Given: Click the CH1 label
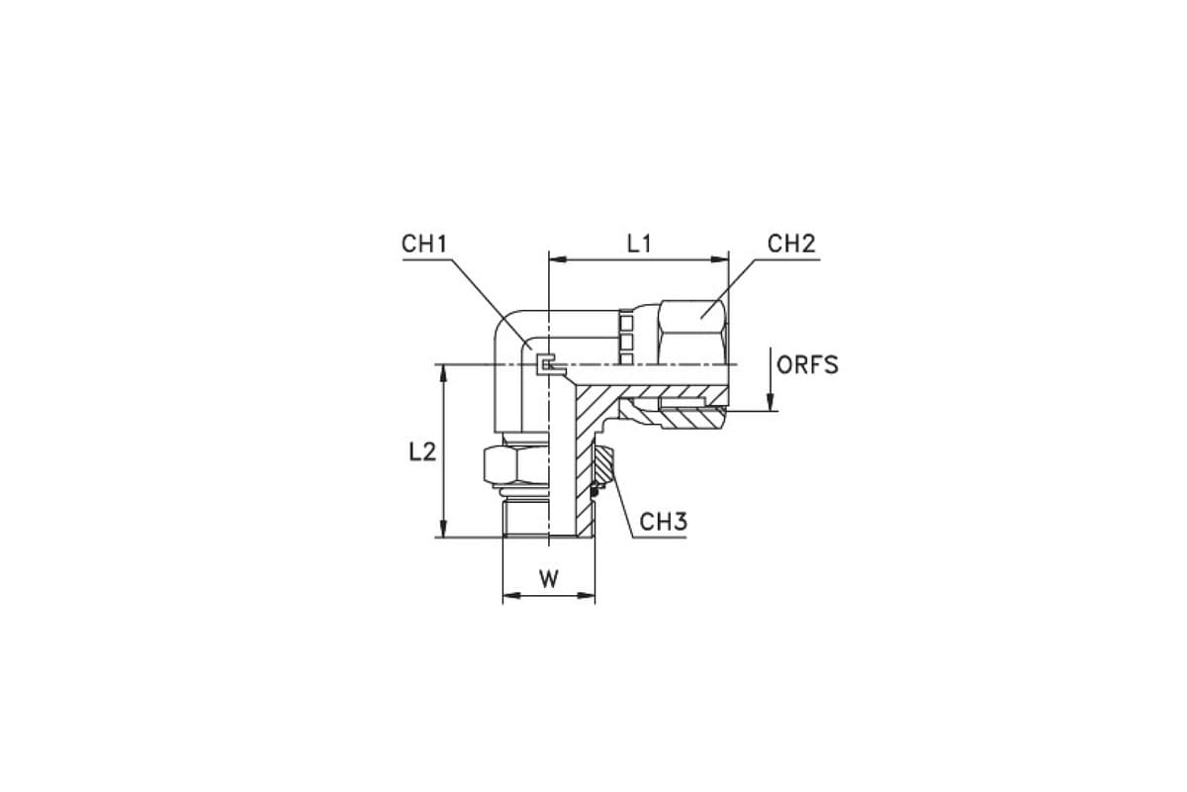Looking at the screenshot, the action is [424, 244].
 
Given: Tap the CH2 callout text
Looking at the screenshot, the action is [791, 244].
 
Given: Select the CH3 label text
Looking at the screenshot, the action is [663, 522].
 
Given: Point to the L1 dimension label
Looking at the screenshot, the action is [639, 244].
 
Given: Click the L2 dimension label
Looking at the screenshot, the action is [422, 451].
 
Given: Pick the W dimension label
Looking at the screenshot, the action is [549, 579].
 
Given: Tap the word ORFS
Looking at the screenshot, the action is [807, 365].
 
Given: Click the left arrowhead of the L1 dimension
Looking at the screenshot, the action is [558, 260].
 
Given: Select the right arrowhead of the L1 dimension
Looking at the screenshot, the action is [720, 260].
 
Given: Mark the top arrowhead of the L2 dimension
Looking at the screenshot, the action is [444, 373].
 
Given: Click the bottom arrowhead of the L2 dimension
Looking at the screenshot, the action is [444, 529].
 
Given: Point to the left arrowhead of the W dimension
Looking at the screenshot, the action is [511, 596].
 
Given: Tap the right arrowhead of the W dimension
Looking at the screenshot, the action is [586, 596].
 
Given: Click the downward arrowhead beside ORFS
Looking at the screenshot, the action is [771, 402].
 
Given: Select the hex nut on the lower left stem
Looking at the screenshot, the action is [516, 464].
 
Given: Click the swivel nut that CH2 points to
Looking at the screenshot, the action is [693, 333].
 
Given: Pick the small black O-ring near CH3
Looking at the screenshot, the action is [594, 491].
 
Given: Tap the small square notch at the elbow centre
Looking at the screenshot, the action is [546, 365].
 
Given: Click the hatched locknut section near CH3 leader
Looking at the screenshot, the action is [604, 463].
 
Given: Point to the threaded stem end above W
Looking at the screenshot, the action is [525, 517].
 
